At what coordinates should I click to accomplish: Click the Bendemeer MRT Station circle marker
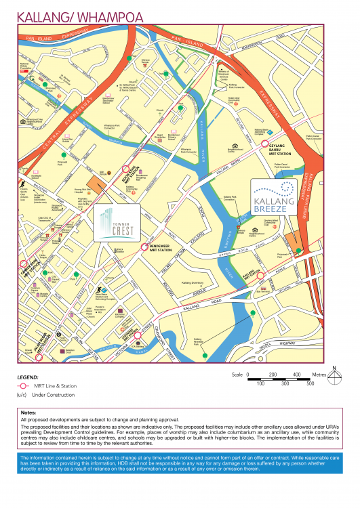click(x=144, y=247)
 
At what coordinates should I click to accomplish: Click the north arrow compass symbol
click(x=334, y=375)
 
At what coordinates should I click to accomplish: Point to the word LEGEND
click(x=28, y=377)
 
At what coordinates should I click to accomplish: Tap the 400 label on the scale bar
click(x=296, y=375)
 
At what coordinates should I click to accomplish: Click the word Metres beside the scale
click(x=319, y=375)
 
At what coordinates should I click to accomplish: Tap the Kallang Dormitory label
click(x=195, y=282)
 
